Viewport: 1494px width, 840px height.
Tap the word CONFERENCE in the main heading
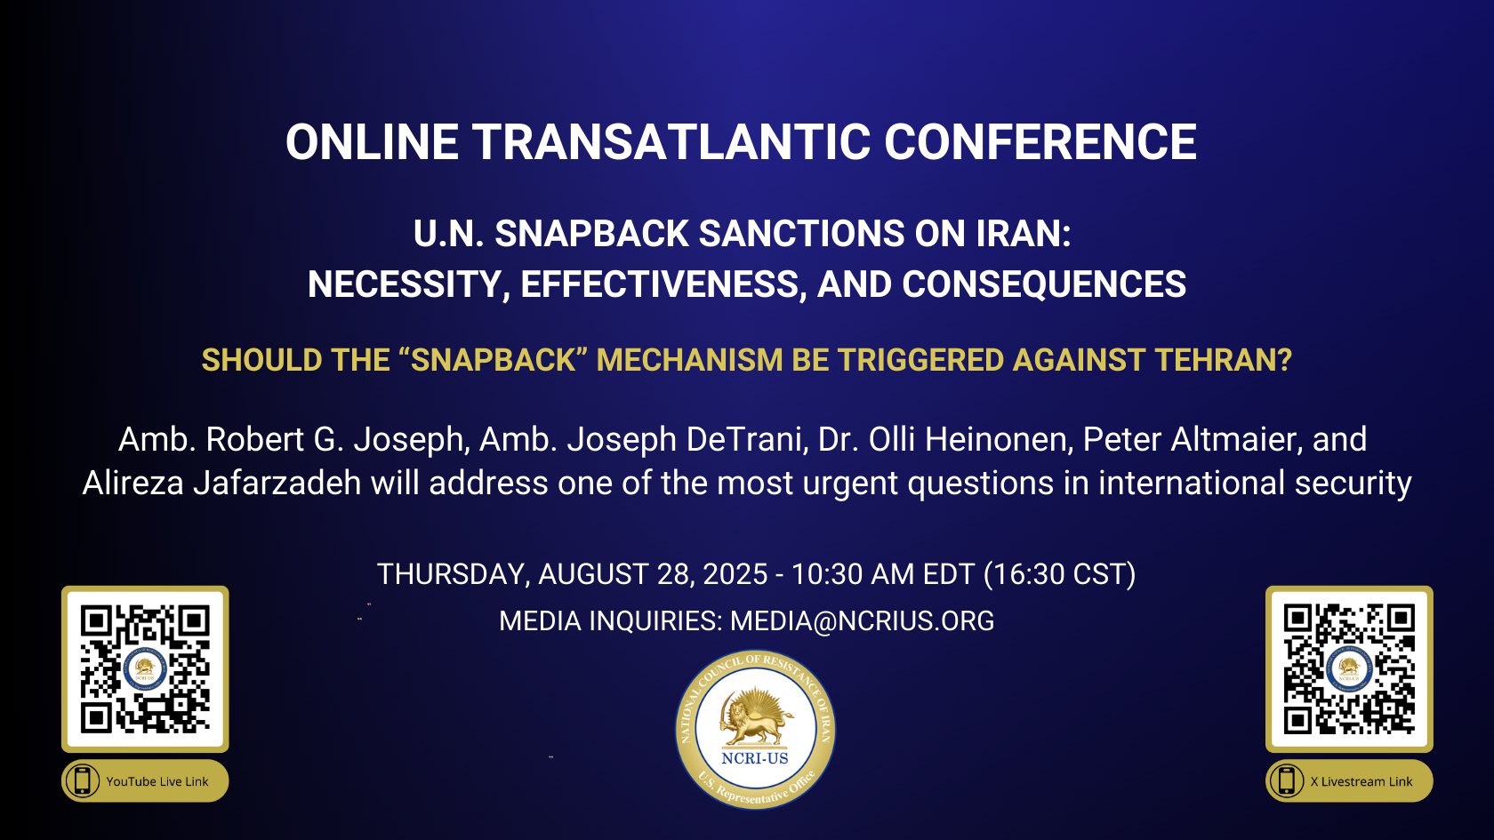pos(1040,142)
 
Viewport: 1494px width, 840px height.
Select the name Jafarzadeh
pos(277,483)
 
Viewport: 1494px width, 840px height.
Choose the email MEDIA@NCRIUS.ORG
pos(862,621)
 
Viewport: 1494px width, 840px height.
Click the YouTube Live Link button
pos(146,780)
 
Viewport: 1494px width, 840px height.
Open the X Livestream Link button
pos(1349,780)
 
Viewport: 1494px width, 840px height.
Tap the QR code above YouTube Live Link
pos(146,668)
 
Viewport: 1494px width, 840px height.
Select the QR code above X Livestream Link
pos(1349,668)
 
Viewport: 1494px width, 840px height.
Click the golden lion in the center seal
pos(755,719)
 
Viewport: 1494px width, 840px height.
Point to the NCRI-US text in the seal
pos(755,758)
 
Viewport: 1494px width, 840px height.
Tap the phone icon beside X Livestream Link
pos(1287,780)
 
